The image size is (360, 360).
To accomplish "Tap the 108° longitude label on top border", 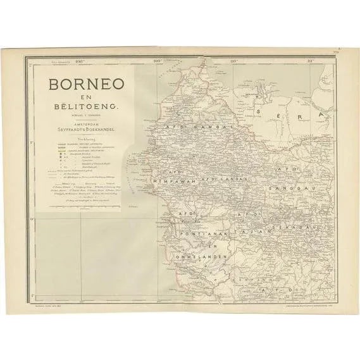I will point(79,61).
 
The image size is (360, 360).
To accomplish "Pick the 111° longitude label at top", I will point(310,61).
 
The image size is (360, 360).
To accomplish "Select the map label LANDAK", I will point(219,180).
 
